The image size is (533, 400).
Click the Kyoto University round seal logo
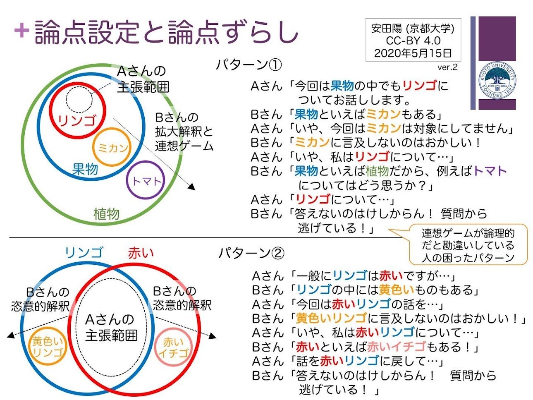(x=497, y=81)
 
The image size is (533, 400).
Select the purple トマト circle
(x=127, y=180)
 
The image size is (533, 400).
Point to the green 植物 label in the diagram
(x=106, y=214)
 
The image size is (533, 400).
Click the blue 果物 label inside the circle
(x=85, y=169)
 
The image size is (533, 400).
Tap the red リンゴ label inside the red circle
(x=76, y=120)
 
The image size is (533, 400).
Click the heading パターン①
(x=249, y=65)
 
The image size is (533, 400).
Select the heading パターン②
(x=251, y=253)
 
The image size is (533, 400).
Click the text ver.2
(x=447, y=67)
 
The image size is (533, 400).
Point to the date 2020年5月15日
(x=413, y=53)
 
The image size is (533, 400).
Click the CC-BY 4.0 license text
(x=413, y=41)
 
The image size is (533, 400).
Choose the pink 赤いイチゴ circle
(x=155, y=347)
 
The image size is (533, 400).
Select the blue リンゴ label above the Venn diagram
(x=84, y=253)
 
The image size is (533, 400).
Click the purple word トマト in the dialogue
(x=490, y=171)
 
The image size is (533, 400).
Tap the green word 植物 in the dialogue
(x=377, y=171)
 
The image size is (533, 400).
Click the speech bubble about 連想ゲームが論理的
(x=468, y=244)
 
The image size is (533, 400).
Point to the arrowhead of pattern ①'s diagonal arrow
(x=192, y=187)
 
